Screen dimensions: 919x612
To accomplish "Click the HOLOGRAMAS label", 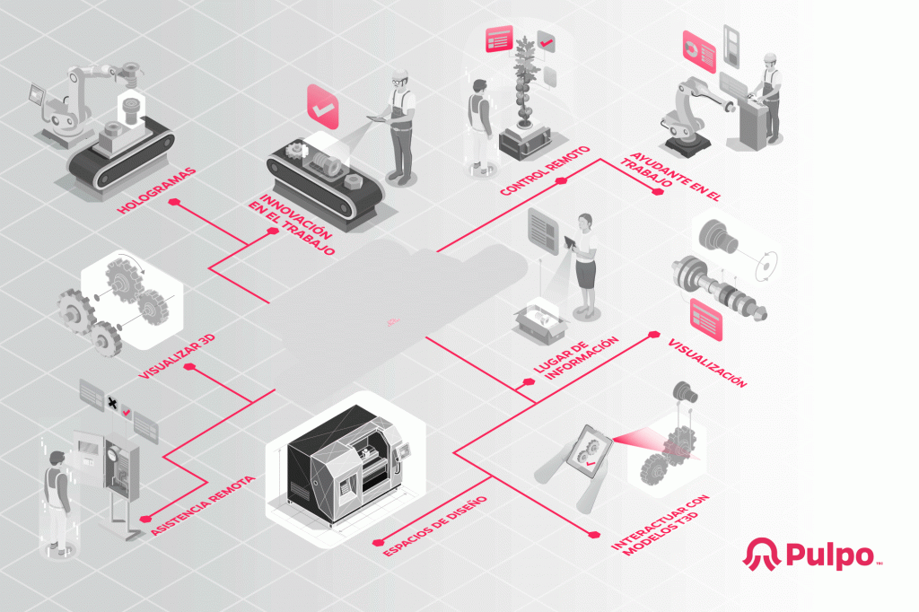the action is [x=156, y=191].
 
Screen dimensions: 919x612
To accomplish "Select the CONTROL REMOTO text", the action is [x=545, y=170].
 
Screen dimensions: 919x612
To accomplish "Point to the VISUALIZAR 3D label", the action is [x=177, y=357].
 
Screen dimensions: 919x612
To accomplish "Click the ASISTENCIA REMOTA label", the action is [x=203, y=505].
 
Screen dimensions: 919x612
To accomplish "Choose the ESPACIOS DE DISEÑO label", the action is [x=435, y=526].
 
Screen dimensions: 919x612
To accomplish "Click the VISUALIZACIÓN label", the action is [x=707, y=363].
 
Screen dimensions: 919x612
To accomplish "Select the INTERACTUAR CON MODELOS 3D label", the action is [x=660, y=525].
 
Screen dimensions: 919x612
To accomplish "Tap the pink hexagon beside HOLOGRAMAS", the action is [x=174, y=202].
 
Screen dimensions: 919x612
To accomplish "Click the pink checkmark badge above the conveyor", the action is [x=323, y=108].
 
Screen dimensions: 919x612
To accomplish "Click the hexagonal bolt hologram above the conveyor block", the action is [x=129, y=108].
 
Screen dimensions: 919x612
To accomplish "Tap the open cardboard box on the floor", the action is [x=541, y=322].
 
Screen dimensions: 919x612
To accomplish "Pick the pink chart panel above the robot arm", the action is [x=699, y=52].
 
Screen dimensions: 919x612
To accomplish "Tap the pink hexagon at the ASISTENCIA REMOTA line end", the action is [x=145, y=519].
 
